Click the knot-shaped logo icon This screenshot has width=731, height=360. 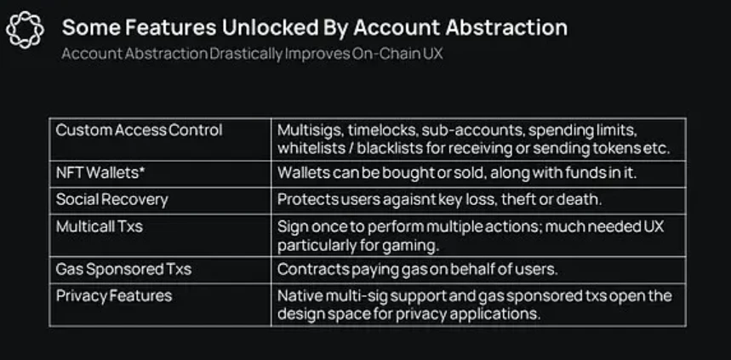click(x=26, y=30)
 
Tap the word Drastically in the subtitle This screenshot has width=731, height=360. click(x=246, y=54)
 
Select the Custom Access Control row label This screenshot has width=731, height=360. click(x=139, y=130)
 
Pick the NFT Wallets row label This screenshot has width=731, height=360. click(x=100, y=173)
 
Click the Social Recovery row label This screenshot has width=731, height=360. click(x=111, y=200)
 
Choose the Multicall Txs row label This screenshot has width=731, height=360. click(x=100, y=226)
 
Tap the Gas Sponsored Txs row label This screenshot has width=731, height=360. click(x=123, y=270)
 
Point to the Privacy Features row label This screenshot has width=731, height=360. click(x=114, y=296)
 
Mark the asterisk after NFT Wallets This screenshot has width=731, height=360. click(x=142, y=169)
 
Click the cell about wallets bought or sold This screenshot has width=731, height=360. click(x=478, y=174)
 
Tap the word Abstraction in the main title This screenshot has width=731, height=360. click(x=506, y=27)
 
